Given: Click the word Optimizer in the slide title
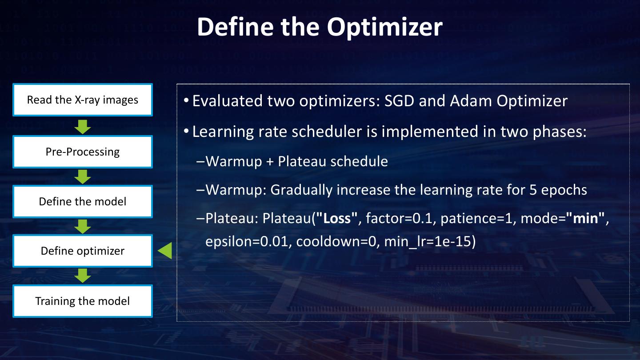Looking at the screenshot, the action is click(384, 27).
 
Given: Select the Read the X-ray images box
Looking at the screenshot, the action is click(83, 100).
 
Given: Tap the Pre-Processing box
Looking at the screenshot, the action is click(83, 152).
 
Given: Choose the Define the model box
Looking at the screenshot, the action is click(83, 201).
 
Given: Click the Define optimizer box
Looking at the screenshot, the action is click(83, 251).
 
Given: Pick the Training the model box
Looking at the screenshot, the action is click(83, 301).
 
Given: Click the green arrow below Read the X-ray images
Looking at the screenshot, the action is click(83, 127).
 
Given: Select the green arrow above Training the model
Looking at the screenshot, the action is click(83, 276).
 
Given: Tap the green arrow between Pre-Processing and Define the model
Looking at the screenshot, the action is click(83, 177).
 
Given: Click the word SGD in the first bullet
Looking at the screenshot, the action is click(399, 101).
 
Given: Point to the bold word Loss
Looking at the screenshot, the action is click(337, 218).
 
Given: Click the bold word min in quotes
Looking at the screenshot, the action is click(585, 218).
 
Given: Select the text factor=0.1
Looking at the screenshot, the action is click(399, 219).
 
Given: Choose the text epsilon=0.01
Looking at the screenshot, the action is click(247, 242).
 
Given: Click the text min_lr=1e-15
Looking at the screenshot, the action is click(428, 242).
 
